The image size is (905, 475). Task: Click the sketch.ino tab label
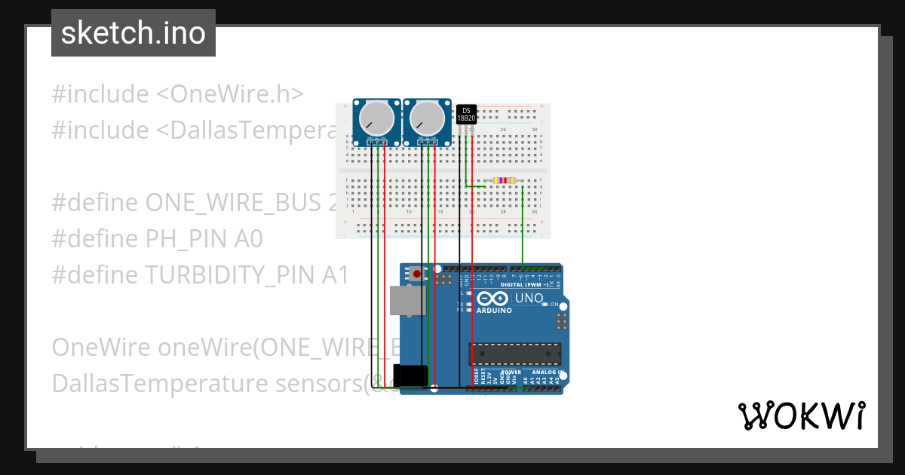click(133, 33)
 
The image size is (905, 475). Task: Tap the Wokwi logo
click(801, 415)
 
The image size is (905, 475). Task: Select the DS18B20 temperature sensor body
click(467, 114)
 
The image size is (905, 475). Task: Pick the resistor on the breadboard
click(503, 180)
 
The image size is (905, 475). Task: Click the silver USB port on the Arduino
click(407, 300)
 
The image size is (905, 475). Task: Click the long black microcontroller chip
click(516, 353)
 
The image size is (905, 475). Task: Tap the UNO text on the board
click(529, 299)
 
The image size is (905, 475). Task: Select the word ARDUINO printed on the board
click(494, 310)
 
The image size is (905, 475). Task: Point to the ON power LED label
click(554, 305)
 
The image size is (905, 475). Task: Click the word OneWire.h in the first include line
click(237, 94)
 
